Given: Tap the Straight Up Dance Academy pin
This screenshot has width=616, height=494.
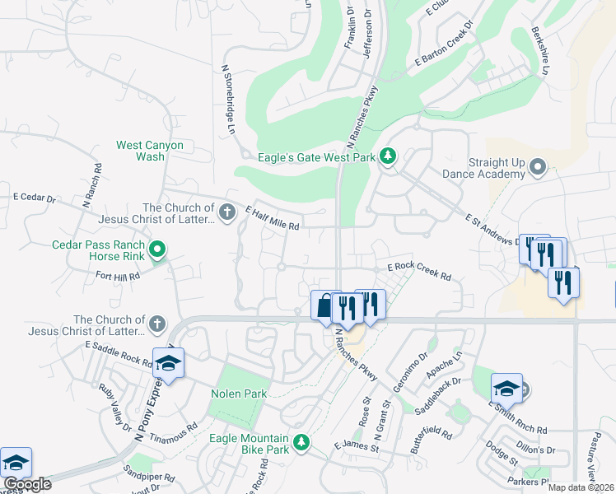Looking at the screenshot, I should [538, 168].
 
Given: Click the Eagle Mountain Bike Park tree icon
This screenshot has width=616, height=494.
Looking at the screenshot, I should [302, 443].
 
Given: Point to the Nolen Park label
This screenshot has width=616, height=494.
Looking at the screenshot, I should [239, 394].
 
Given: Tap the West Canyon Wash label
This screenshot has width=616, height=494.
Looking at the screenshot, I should [150, 151].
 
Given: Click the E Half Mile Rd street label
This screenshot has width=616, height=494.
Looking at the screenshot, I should [273, 218].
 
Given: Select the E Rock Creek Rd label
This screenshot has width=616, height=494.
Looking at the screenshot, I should [419, 273].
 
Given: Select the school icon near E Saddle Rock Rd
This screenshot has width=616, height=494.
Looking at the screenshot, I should [168, 362].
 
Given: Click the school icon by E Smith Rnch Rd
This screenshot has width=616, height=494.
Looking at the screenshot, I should [506, 389].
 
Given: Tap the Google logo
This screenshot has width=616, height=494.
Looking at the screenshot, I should [26, 484].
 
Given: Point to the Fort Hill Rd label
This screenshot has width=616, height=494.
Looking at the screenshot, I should [118, 277].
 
